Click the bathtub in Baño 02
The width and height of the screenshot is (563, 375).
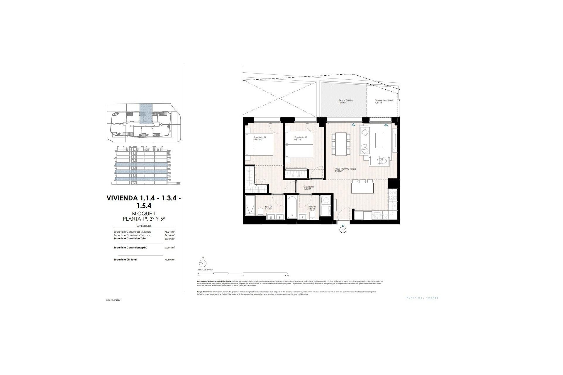[292, 207]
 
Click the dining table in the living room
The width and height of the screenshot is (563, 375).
[341, 144]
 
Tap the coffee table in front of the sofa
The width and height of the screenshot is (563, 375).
[379, 141]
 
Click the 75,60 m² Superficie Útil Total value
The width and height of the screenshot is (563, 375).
[169, 260]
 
